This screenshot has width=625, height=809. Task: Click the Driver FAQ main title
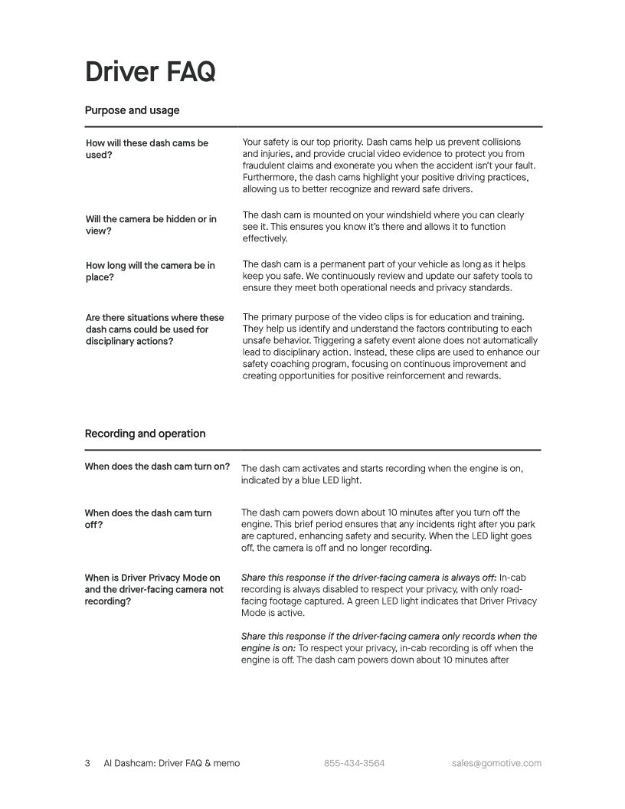coord(150,71)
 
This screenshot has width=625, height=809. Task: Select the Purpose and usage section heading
coord(132,110)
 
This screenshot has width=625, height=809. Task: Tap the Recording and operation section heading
coord(145,434)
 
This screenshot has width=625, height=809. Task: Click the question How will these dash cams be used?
coord(146,149)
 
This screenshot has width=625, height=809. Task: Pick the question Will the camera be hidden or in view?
coord(151,224)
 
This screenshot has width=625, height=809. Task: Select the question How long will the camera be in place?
coord(150,271)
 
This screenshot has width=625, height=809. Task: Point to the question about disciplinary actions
coord(155,329)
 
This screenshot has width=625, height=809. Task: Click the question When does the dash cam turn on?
coord(157,467)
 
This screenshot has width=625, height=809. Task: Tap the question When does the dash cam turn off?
coord(148,519)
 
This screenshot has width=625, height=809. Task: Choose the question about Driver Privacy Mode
coord(154,590)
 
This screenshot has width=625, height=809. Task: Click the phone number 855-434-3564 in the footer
coord(354,763)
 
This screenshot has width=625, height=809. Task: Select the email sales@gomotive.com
coord(496,763)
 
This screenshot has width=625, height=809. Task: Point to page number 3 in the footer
coord(87,763)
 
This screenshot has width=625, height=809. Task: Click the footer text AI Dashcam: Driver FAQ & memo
coord(172,763)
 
